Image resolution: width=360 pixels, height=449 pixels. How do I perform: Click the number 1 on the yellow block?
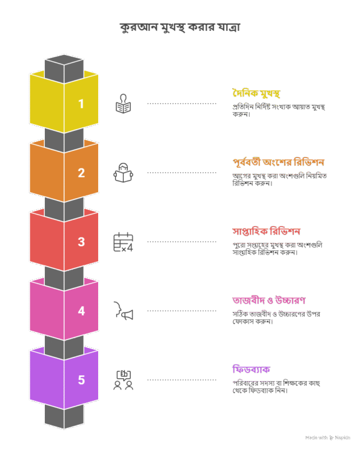[81, 104]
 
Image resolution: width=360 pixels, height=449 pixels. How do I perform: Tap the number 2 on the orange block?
[81, 173]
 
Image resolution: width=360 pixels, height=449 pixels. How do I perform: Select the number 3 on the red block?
[81, 242]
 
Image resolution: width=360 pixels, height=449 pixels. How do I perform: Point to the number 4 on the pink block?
[81, 311]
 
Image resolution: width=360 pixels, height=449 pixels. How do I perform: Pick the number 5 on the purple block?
[81, 380]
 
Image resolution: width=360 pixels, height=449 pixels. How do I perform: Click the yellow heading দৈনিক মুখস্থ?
[256, 93]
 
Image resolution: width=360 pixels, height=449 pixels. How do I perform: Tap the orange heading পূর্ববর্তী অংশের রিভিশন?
[279, 162]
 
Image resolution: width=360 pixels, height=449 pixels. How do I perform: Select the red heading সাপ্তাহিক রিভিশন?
[266, 231]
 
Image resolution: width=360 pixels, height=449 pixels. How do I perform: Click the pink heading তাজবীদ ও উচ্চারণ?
[269, 300]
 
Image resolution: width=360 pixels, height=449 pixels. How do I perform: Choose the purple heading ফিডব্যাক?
[251, 369]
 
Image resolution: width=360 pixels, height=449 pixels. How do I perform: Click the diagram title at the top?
[179, 27]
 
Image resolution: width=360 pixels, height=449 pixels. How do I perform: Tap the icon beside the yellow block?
[123, 104]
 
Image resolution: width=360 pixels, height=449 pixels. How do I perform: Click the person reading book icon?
[123, 173]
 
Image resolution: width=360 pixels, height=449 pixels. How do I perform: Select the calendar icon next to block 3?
[123, 242]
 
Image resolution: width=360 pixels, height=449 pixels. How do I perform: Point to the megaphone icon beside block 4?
[123, 311]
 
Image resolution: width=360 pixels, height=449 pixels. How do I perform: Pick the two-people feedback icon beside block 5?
[123, 380]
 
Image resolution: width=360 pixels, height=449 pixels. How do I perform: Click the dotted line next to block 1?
[182, 104]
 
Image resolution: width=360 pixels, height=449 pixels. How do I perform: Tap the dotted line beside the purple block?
[182, 380]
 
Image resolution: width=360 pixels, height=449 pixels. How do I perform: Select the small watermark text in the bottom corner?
[327, 437]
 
